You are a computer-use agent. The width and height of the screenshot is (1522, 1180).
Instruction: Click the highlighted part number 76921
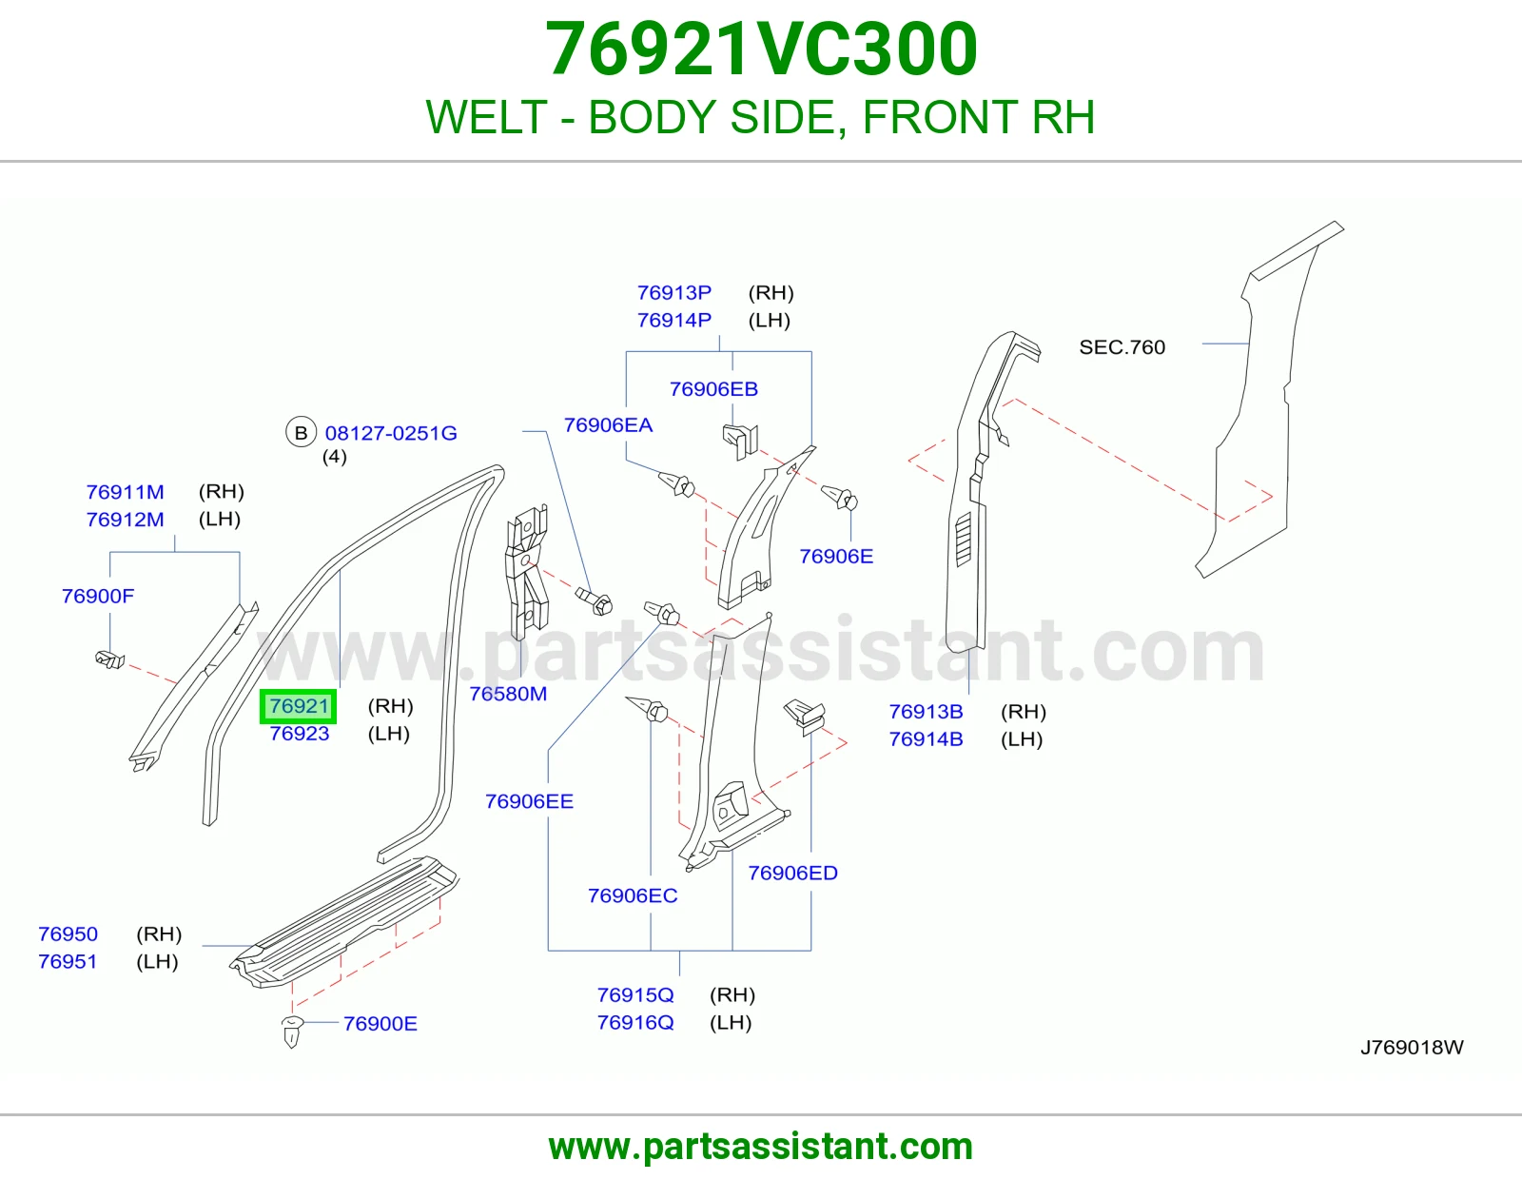[299, 705]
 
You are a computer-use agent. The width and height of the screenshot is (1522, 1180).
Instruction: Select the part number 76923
[299, 734]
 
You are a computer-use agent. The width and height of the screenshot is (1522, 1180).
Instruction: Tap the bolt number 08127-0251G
[391, 433]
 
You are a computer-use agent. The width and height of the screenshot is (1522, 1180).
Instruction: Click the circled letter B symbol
[301, 433]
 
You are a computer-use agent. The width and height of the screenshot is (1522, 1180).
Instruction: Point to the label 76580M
[508, 694]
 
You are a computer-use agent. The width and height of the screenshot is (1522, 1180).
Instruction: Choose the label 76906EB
[713, 389]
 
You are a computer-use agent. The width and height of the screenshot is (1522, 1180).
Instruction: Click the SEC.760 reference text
[1122, 346]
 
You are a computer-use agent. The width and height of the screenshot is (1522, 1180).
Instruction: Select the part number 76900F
[98, 596]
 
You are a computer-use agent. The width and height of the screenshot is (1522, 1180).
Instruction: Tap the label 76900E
[380, 1024]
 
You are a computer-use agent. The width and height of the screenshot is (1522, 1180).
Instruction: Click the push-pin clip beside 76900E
[292, 1031]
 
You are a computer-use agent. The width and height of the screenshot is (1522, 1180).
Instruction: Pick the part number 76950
[68, 934]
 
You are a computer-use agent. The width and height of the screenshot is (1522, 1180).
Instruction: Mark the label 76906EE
[530, 801]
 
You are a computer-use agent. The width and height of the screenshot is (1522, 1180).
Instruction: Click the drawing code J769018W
[1412, 1047]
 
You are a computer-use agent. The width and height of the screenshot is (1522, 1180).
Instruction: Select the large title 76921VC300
[761, 49]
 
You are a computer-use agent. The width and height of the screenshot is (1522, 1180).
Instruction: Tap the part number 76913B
[926, 711]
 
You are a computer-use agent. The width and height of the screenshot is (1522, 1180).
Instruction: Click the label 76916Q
[635, 1022]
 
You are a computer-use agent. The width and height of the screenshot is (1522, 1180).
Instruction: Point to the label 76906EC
[633, 895]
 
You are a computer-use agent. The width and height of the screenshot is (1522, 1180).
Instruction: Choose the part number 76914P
[673, 320]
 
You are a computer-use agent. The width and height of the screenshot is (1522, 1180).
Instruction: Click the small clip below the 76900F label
[110, 659]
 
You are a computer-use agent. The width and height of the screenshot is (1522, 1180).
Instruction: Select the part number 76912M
[125, 520]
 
